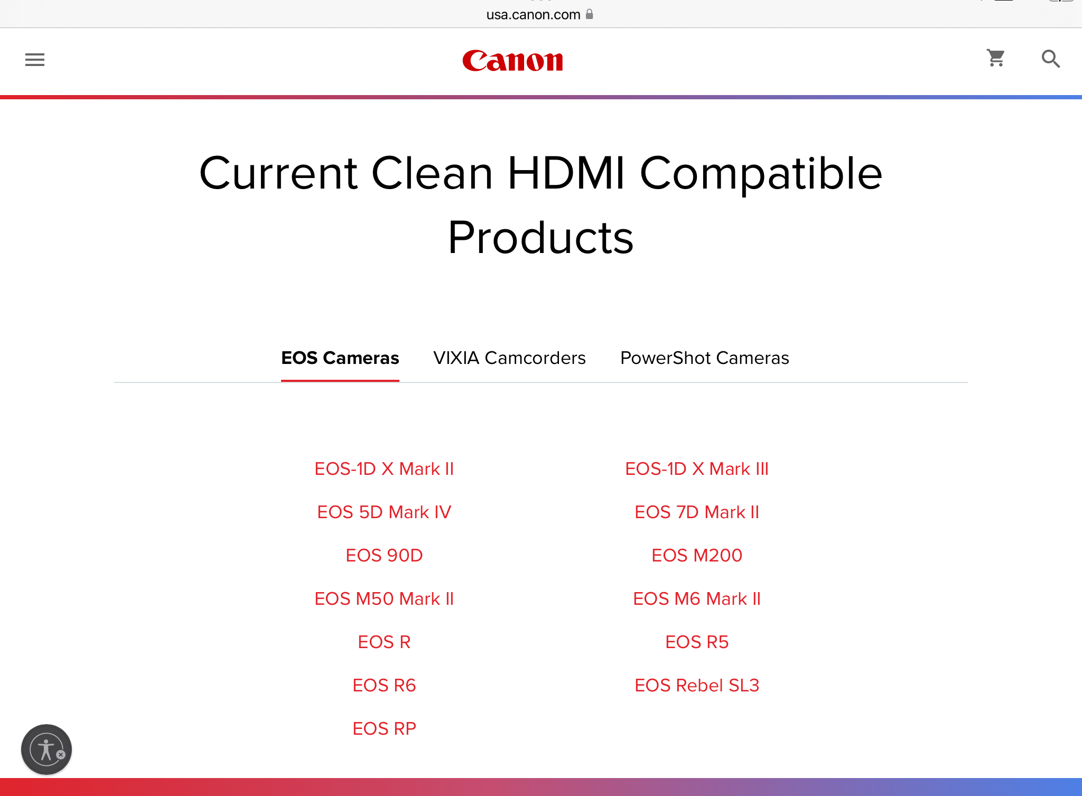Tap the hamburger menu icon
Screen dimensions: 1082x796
(35, 60)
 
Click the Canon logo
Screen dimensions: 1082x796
(512, 61)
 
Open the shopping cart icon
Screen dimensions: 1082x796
(996, 58)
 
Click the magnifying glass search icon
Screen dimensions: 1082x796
(1050, 59)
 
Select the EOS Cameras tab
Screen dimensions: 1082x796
(340, 358)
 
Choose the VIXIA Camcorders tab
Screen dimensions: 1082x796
(509, 358)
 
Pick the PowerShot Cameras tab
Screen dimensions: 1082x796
(704, 358)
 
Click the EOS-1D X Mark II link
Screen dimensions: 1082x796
(384, 469)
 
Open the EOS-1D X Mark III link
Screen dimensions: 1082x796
(697, 469)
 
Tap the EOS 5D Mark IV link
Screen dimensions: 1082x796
(384, 512)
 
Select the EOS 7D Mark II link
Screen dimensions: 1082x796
(697, 512)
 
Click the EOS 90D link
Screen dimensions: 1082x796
(384, 555)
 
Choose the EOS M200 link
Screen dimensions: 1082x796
(697, 555)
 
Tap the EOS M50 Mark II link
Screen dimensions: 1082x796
(384, 598)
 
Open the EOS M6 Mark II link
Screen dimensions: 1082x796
(697, 598)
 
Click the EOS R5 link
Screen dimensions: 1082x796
(697, 642)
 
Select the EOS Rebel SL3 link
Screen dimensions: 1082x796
(697, 685)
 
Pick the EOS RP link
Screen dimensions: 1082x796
(384, 728)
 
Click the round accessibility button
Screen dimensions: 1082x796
(46, 750)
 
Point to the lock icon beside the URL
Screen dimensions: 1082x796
(590, 14)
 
